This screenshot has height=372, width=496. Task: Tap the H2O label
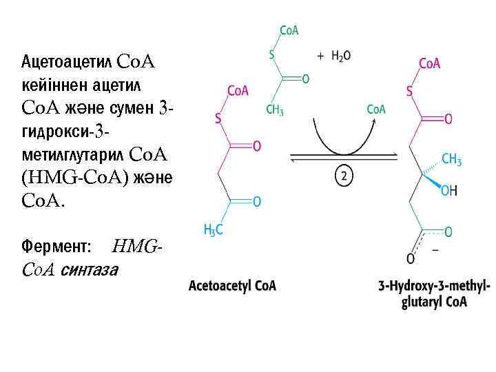pos(340,56)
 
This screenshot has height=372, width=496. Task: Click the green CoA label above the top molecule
pos(289,30)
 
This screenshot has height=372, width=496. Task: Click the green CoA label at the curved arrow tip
pos(376,109)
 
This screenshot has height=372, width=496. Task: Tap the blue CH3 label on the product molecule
pos(451,160)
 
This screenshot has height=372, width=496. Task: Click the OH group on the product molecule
pos(448,190)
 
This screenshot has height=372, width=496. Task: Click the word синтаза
pos(90,269)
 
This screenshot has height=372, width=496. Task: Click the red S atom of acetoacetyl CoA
pos(218,118)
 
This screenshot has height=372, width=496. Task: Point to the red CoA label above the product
pos(429,64)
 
